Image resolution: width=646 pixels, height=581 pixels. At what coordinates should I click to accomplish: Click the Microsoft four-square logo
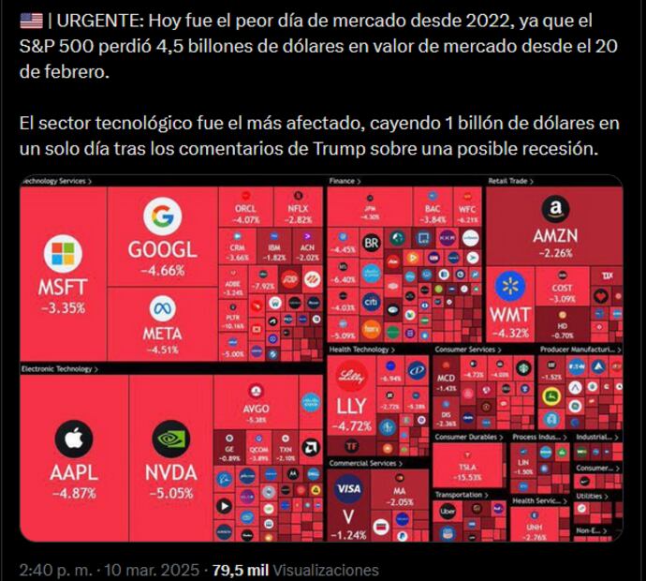63,255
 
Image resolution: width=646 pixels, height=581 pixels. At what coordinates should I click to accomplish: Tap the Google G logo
162,217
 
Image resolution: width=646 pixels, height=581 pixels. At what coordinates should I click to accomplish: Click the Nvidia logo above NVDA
170,438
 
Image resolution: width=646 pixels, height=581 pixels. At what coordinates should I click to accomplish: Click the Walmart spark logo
509,285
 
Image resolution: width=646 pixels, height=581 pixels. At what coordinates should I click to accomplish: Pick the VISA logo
348,488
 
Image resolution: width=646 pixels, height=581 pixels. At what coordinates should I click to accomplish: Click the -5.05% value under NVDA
170,492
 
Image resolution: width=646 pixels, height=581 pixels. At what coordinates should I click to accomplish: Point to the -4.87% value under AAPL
73,492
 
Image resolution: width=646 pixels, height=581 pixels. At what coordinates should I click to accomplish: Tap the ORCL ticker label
246,208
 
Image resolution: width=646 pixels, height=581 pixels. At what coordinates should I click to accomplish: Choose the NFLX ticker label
297,208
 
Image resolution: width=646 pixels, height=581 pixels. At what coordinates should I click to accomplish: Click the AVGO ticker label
256,409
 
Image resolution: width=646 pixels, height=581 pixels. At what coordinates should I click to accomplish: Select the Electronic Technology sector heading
58,369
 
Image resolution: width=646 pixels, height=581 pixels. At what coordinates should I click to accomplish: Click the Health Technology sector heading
360,350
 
